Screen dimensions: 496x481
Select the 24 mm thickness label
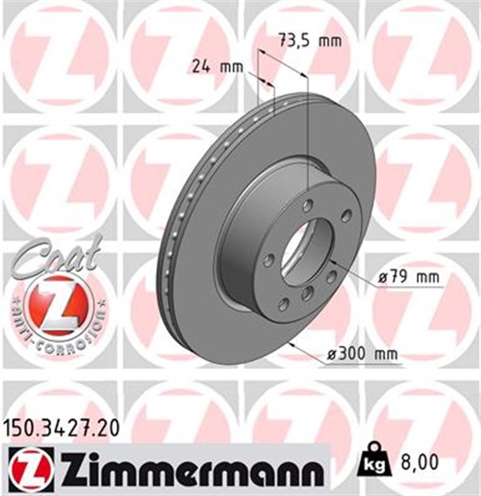point(215,67)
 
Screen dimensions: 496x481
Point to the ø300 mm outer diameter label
point(362,354)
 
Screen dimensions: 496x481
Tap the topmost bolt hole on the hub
point(308,205)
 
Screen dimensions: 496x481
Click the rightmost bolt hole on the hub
point(345,215)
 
